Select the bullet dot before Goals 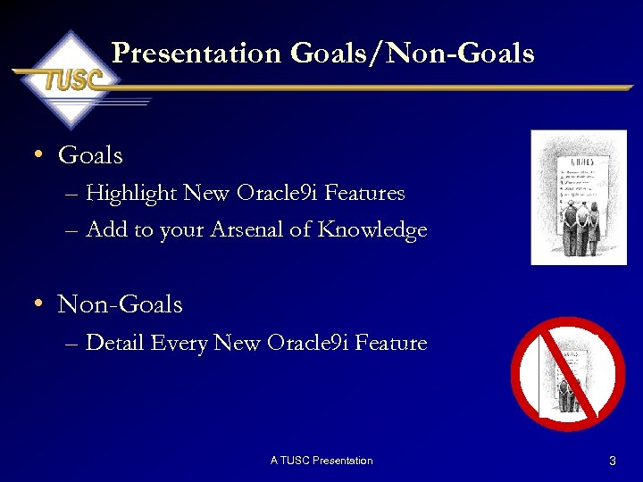pos(38,154)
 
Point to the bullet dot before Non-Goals pos(38,303)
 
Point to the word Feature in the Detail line pos(389,343)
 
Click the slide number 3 pos(612,461)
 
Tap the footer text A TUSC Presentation pos(321,461)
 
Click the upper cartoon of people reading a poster pos(578,197)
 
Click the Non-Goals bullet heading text pos(120,304)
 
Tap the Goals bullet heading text pos(90,155)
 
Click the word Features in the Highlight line pos(369,193)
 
